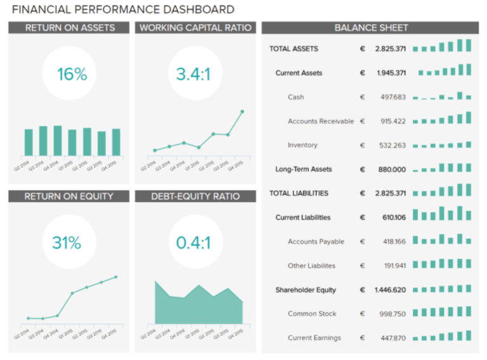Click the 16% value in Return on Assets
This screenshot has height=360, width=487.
click(x=72, y=75)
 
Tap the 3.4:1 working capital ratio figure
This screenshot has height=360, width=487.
click(x=193, y=75)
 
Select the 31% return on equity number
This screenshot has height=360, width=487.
click(x=67, y=243)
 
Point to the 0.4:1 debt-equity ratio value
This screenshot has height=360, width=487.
click(x=193, y=243)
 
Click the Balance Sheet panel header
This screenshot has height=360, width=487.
click(x=371, y=28)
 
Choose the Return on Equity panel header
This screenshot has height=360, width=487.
click(x=70, y=196)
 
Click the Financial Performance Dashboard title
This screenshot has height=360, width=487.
click(x=123, y=10)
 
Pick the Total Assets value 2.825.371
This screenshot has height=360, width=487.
click(x=391, y=49)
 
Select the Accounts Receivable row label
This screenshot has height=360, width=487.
click(x=321, y=121)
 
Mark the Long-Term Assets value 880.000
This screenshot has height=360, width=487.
click(x=392, y=169)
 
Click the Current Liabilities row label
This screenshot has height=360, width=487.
click(x=303, y=217)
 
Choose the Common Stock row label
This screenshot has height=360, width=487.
click(x=312, y=314)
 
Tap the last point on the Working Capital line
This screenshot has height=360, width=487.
click(x=242, y=112)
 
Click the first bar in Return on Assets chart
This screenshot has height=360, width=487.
click(x=29, y=143)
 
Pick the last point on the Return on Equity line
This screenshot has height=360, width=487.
click(x=116, y=276)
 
